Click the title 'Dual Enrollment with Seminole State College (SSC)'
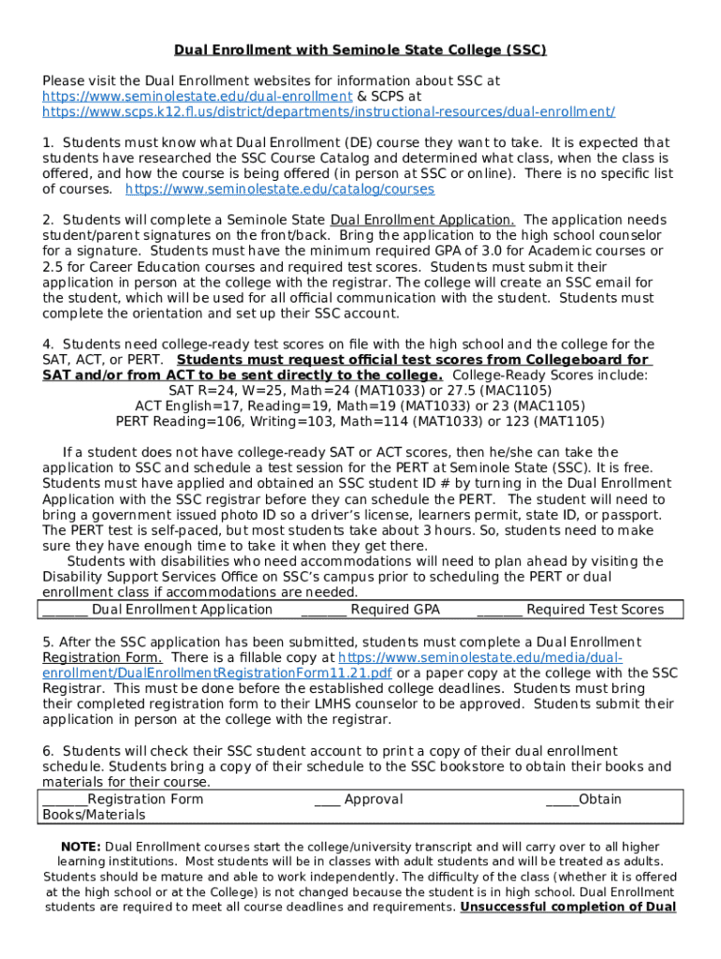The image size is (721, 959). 360,50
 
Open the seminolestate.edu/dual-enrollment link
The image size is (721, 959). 197,96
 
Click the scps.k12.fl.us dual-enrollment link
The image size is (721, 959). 329,111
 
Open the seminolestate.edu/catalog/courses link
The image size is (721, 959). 280,189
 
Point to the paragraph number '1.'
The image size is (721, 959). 48,142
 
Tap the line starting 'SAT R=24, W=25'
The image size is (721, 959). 360,391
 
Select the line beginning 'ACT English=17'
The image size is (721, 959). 360,406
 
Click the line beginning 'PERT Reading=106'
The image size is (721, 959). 360,421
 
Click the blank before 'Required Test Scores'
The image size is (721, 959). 499,611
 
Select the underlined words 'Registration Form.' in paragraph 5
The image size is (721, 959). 101,657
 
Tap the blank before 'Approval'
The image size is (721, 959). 327,800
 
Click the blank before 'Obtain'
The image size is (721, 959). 562,800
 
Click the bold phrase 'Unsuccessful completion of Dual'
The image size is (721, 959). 568,907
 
